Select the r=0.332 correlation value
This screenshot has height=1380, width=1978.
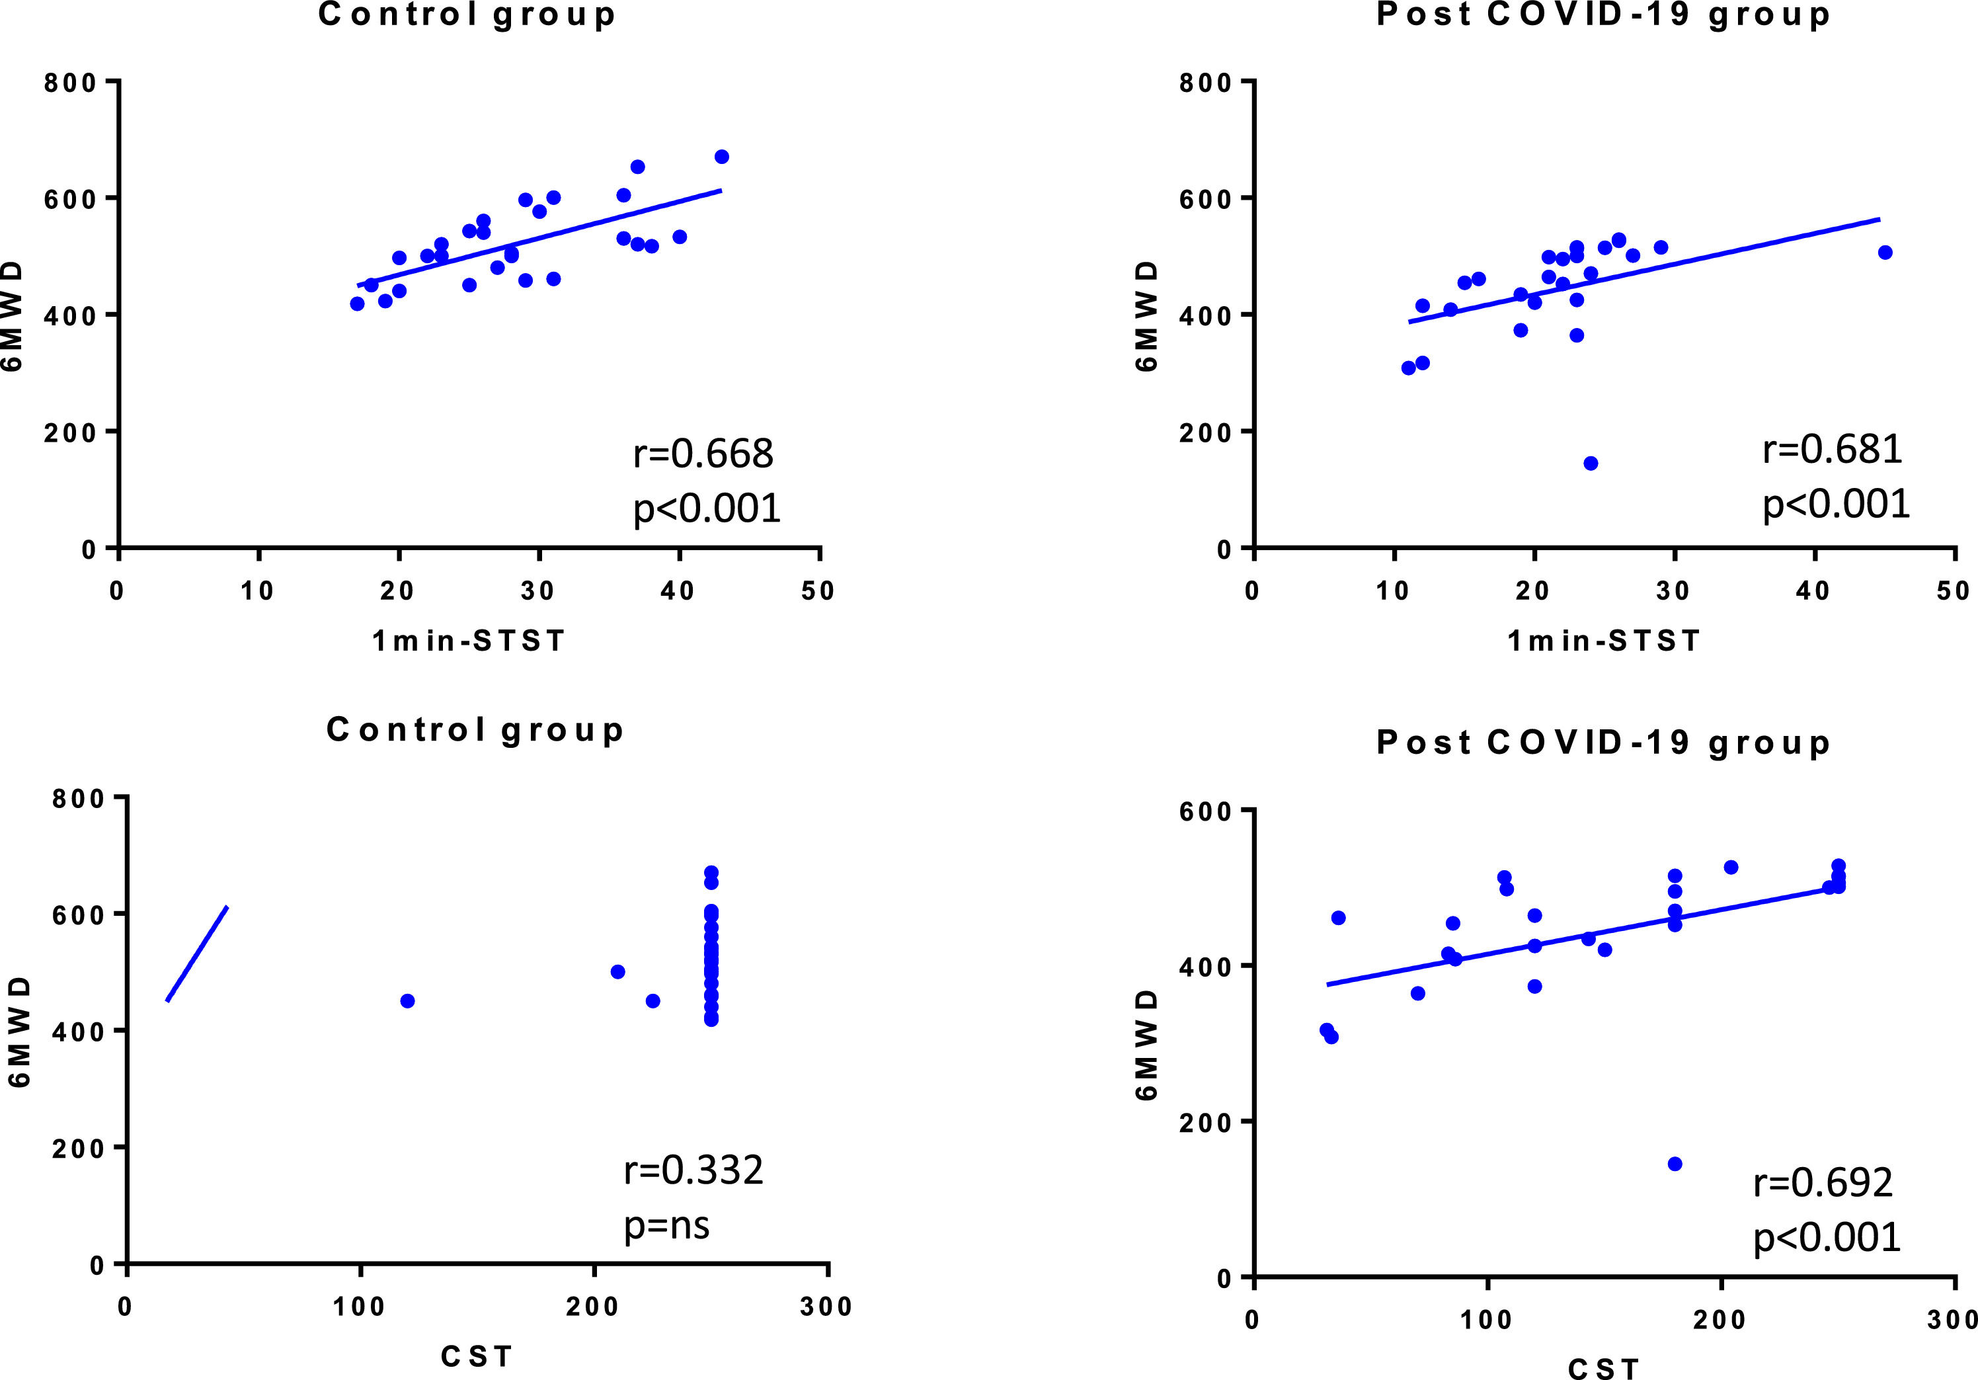point(693,1170)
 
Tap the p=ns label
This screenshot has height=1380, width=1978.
point(667,1225)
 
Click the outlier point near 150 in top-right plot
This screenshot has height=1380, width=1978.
point(1591,464)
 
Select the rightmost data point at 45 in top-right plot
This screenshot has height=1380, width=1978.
point(1885,253)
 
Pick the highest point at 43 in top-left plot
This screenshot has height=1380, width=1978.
point(722,157)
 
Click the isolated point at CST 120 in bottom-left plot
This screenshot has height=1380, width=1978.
point(407,1001)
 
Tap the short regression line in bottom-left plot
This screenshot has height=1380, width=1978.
point(197,954)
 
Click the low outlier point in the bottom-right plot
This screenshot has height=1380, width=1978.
point(1675,1164)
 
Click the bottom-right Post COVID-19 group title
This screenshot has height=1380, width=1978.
point(1603,743)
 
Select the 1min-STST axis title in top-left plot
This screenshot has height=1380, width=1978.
point(468,640)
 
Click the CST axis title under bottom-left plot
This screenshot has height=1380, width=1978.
point(477,1357)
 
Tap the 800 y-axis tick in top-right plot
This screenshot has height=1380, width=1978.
point(1205,83)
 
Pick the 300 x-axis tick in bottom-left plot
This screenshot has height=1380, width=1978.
point(825,1307)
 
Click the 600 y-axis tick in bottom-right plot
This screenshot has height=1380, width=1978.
point(1205,811)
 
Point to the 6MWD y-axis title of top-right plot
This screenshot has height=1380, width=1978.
point(1146,316)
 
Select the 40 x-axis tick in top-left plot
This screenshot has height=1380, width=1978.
point(678,591)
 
